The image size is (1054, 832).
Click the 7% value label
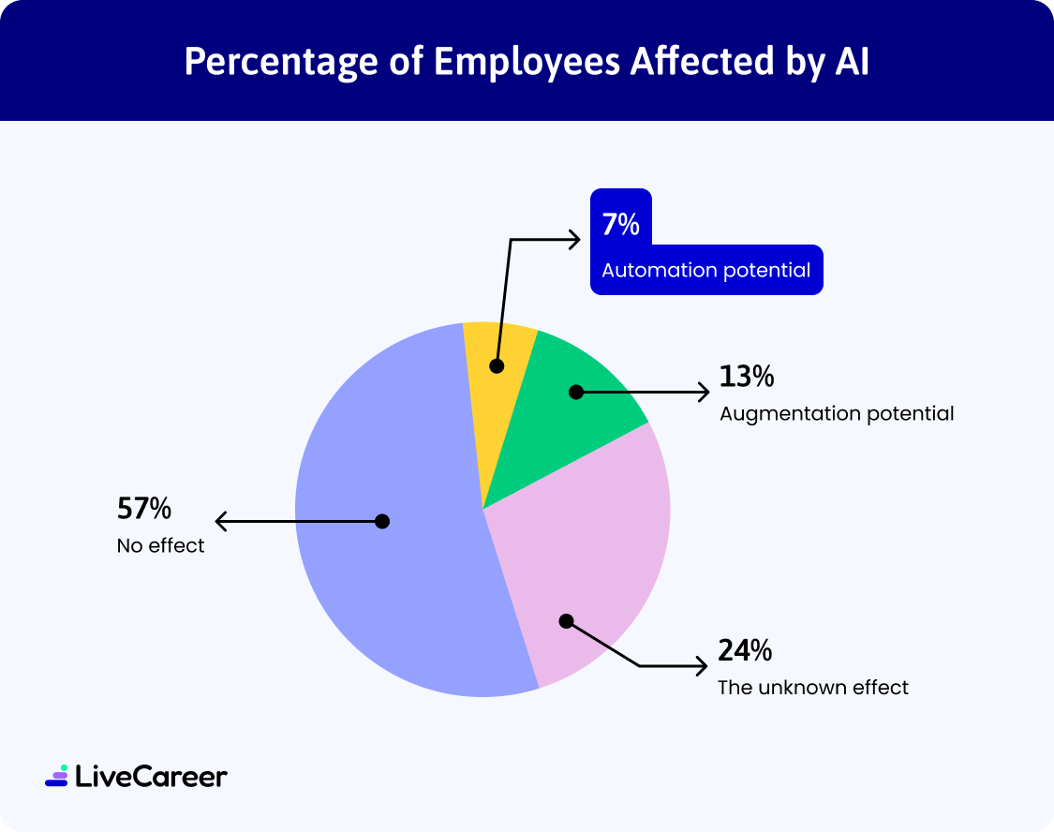click(x=620, y=226)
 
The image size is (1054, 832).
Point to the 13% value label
click(x=747, y=377)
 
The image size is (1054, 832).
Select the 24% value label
click(x=746, y=650)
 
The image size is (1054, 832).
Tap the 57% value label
click(x=144, y=509)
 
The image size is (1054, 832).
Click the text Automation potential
click(x=706, y=271)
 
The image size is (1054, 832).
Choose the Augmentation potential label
click(x=837, y=413)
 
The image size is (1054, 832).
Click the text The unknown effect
click(x=813, y=688)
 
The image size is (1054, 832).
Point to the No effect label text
click(x=161, y=545)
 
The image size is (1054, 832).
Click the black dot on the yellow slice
click(x=497, y=365)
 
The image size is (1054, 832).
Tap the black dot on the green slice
click(x=576, y=392)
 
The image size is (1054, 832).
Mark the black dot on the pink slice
click(x=565, y=620)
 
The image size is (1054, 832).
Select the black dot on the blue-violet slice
click(x=382, y=521)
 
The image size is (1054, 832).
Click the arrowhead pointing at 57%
click(x=220, y=521)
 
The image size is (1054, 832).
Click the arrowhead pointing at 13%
click(x=705, y=392)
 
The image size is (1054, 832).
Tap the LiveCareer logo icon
click(x=56, y=775)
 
